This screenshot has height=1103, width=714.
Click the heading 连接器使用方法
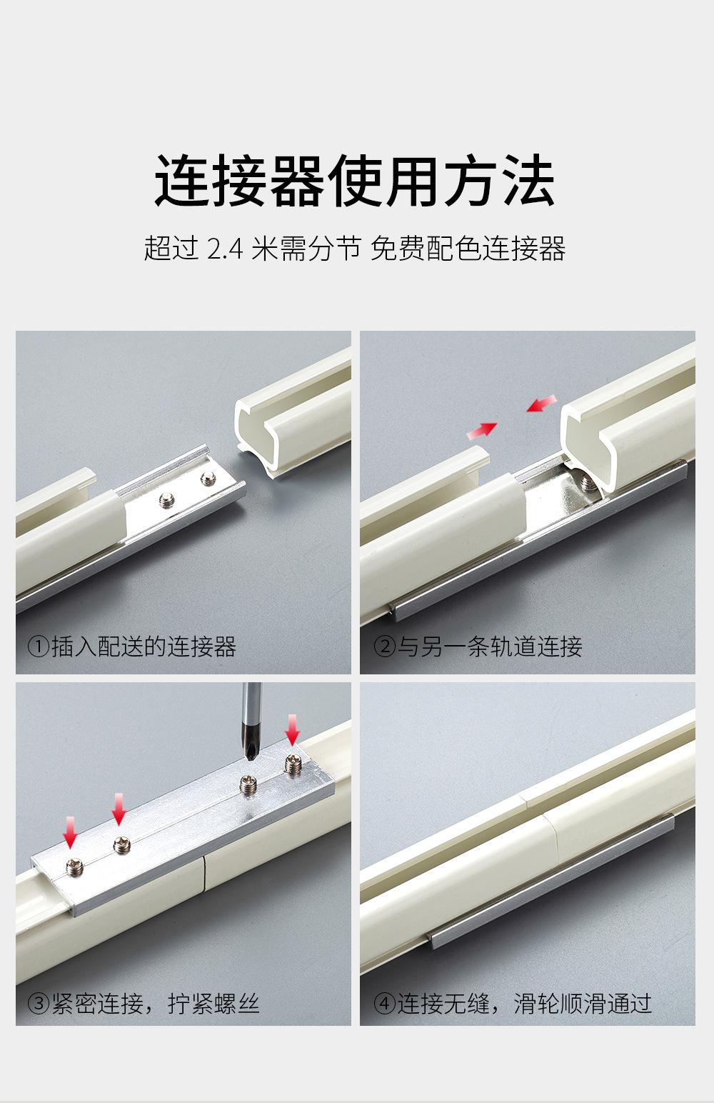[x=355, y=180]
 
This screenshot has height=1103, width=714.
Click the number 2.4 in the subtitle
[x=226, y=248]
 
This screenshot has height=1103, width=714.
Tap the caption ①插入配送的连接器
[x=132, y=647]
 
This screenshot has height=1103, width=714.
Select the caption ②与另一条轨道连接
[x=478, y=647]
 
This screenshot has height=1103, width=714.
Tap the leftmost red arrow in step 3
[x=71, y=833]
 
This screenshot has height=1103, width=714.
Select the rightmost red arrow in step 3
[x=292, y=730]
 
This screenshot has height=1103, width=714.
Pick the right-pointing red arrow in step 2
[x=482, y=430]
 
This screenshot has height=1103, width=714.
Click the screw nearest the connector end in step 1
[x=208, y=477]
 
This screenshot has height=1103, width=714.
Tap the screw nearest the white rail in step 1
[x=167, y=501]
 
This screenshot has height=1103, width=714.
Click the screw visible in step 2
[x=587, y=484]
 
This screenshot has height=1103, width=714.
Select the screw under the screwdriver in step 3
[x=248, y=784]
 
